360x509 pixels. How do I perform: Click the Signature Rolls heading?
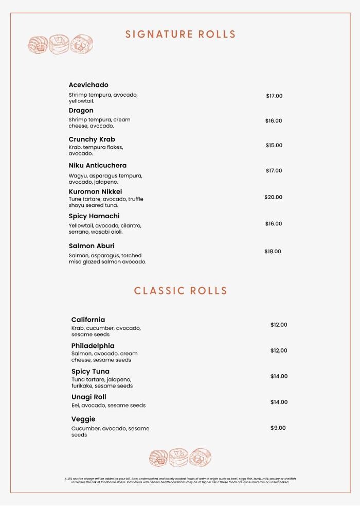click(x=181, y=34)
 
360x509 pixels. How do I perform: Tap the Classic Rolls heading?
click(x=181, y=291)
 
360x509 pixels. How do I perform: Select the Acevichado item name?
click(x=88, y=85)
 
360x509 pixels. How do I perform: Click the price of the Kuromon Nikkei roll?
click(x=273, y=197)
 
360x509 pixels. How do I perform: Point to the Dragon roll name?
click(x=81, y=111)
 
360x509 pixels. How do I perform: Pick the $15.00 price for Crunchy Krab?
click(x=274, y=146)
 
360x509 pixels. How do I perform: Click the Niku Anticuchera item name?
click(x=98, y=166)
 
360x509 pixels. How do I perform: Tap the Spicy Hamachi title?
click(x=94, y=216)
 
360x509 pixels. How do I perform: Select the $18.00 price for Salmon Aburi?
click(x=273, y=252)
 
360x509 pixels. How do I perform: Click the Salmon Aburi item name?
click(x=92, y=246)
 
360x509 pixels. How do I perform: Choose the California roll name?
click(x=88, y=320)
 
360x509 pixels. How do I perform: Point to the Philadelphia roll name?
click(x=93, y=346)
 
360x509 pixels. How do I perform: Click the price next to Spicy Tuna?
click(x=279, y=376)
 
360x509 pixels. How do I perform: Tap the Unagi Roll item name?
click(x=88, y=397)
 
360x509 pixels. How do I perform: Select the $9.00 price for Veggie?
click(x=278, y=428)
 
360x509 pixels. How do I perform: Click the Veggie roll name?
click(x=83, y=419)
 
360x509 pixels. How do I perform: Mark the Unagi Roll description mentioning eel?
click(x=109, y=406)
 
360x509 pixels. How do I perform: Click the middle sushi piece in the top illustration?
click(x=60, y=44)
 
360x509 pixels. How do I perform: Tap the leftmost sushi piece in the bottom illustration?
click(x=158, y=458)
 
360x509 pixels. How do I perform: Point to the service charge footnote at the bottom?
click(x=180, y=480)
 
